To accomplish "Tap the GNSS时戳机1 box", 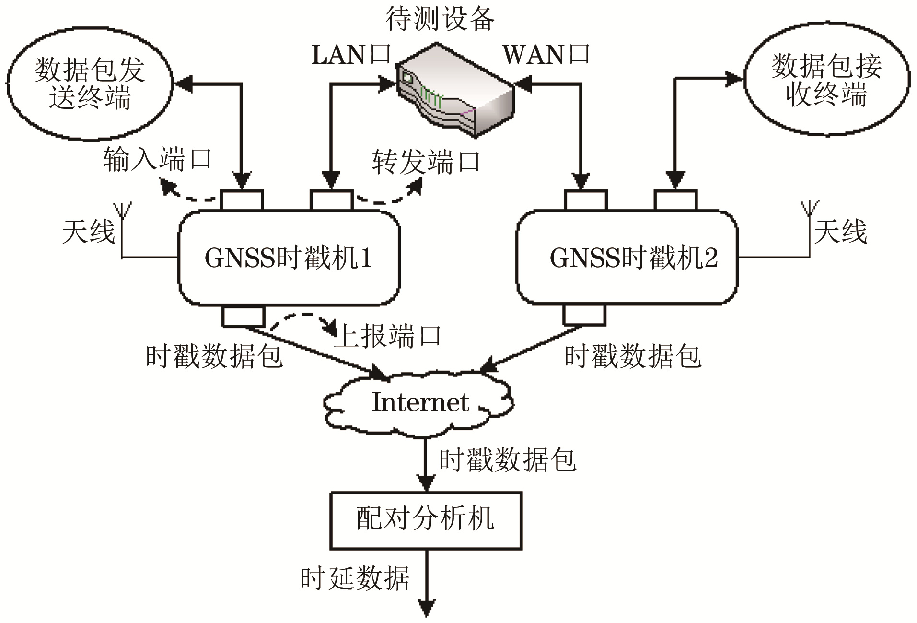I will (289, 258).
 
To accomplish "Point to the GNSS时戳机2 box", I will (627, 258).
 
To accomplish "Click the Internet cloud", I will (419, 402).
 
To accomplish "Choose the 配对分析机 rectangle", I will (426, 520).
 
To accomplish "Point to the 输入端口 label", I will (157, 160).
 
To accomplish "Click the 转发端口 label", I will (426, 162).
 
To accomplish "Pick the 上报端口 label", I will (388, 336).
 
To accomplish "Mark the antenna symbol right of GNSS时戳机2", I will (810, 211).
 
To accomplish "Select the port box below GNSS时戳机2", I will (584, 315).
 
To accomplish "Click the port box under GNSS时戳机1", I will (243, 316).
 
